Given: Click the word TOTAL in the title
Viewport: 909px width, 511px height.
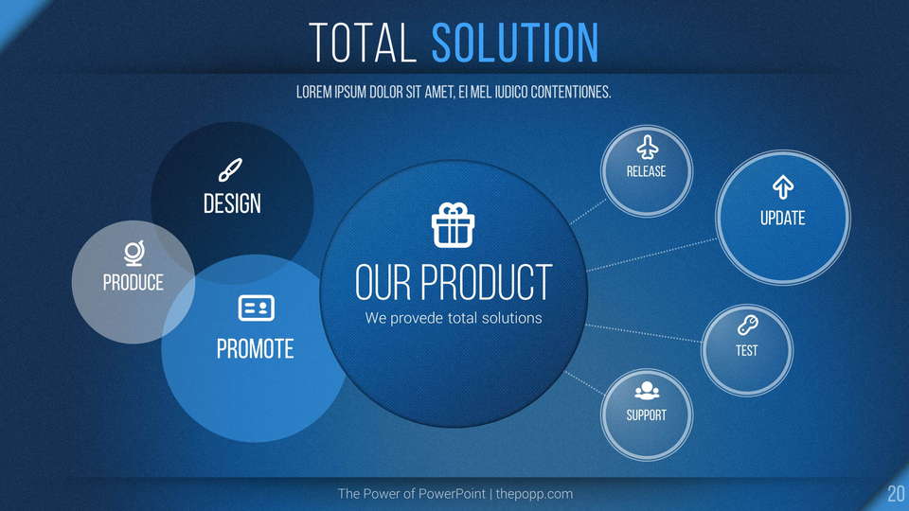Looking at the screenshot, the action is [x=363, y=43].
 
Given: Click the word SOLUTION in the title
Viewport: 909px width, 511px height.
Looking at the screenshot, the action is [x=515, y=43].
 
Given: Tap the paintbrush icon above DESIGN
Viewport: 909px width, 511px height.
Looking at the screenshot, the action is [x=230, y=169].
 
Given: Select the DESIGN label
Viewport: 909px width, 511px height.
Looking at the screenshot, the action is [x=232, y=204].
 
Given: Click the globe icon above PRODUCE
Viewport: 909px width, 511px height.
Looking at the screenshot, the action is [x=134, y=254].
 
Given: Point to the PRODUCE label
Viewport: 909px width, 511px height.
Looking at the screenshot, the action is [x=134, y=283].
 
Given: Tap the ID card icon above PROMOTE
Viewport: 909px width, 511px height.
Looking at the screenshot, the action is [x=257, y=308].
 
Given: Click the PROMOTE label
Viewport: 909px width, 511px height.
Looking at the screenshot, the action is [x=255, y=349].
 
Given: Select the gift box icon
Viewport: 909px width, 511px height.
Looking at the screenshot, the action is [x=454, y=225].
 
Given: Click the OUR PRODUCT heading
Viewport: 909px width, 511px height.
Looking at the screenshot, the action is [x=454, y=282].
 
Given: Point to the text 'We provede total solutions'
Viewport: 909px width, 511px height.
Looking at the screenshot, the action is [x=454, y=318].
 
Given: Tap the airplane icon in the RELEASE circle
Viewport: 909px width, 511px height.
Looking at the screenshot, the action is [x=647, y=148].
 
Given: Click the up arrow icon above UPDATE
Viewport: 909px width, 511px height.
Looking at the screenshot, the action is [x=783, y=186].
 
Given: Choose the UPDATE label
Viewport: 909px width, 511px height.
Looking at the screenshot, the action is [x=783, y=219].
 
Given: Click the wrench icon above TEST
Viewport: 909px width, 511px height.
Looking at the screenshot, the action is [x=747, y=326].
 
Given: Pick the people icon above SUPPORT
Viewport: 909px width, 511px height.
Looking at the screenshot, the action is [x=647, y=391].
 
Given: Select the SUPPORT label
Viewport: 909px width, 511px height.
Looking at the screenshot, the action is [x=647, y=415].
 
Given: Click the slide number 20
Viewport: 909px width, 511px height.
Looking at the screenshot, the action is [x=897, y=494].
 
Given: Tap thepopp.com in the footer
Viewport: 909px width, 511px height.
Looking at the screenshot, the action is [x=534, y=494].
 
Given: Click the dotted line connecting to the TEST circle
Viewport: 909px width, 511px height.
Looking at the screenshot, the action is [x=644, y=333].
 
